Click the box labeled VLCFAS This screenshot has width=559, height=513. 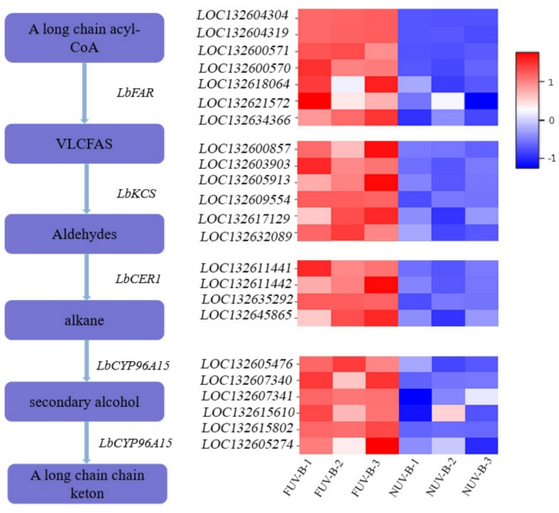point(86,144)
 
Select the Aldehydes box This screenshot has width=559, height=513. point(86,233)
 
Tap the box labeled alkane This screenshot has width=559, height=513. point(86,319)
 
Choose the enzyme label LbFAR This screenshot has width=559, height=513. point(136,92)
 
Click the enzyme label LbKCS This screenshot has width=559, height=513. point(136,193)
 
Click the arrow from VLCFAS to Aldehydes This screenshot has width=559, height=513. point(85,189)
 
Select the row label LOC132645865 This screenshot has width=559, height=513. point(242,315)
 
